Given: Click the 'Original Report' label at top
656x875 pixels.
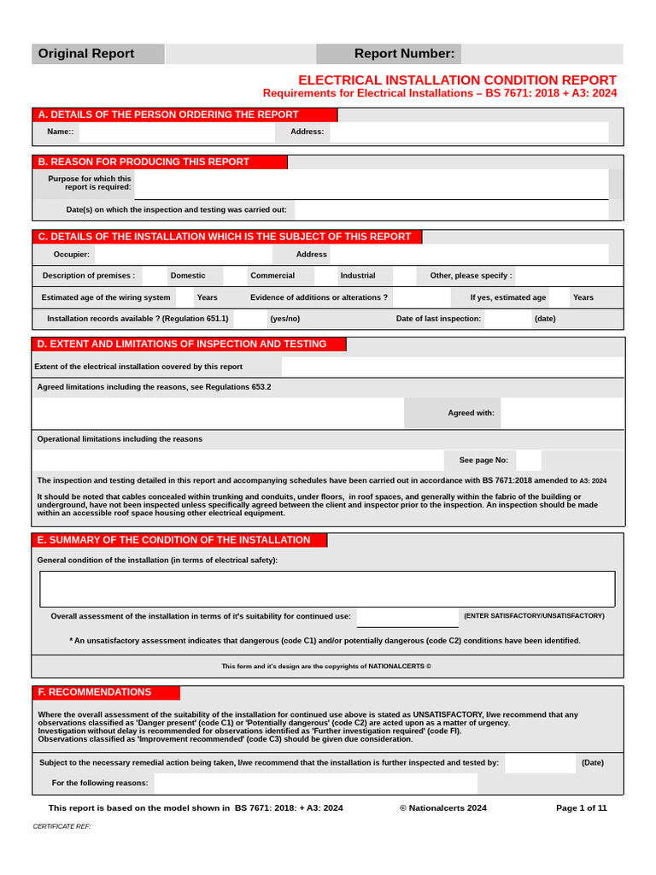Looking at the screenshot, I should (x=85, y=54).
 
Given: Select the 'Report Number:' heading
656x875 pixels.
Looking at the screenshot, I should (x=404, y=54).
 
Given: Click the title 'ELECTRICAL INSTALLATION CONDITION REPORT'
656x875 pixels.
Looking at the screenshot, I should (x=457, y=79).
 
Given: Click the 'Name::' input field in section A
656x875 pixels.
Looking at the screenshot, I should (x=176, y=132).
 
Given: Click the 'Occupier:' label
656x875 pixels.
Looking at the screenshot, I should (x=72, y=254).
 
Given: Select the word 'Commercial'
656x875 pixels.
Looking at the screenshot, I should (x=272, y=276).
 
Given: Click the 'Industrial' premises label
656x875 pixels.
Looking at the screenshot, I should (x=358, y=276).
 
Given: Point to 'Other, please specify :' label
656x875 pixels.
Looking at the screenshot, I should (x=471, y=276).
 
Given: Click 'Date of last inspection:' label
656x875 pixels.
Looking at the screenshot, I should (x=438, y=319).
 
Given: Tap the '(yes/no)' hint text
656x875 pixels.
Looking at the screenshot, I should (x=285, y=319).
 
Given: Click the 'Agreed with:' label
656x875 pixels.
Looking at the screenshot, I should (x=471, y=413).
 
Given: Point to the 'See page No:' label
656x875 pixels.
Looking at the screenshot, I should (x=483, y=460).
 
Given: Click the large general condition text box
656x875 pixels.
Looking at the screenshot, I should (x=327, y=589).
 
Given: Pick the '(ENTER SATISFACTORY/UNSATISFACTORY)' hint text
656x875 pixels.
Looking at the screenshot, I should (x=534, y=615).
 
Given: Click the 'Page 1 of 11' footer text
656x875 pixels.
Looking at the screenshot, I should (x=581, y=807).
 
